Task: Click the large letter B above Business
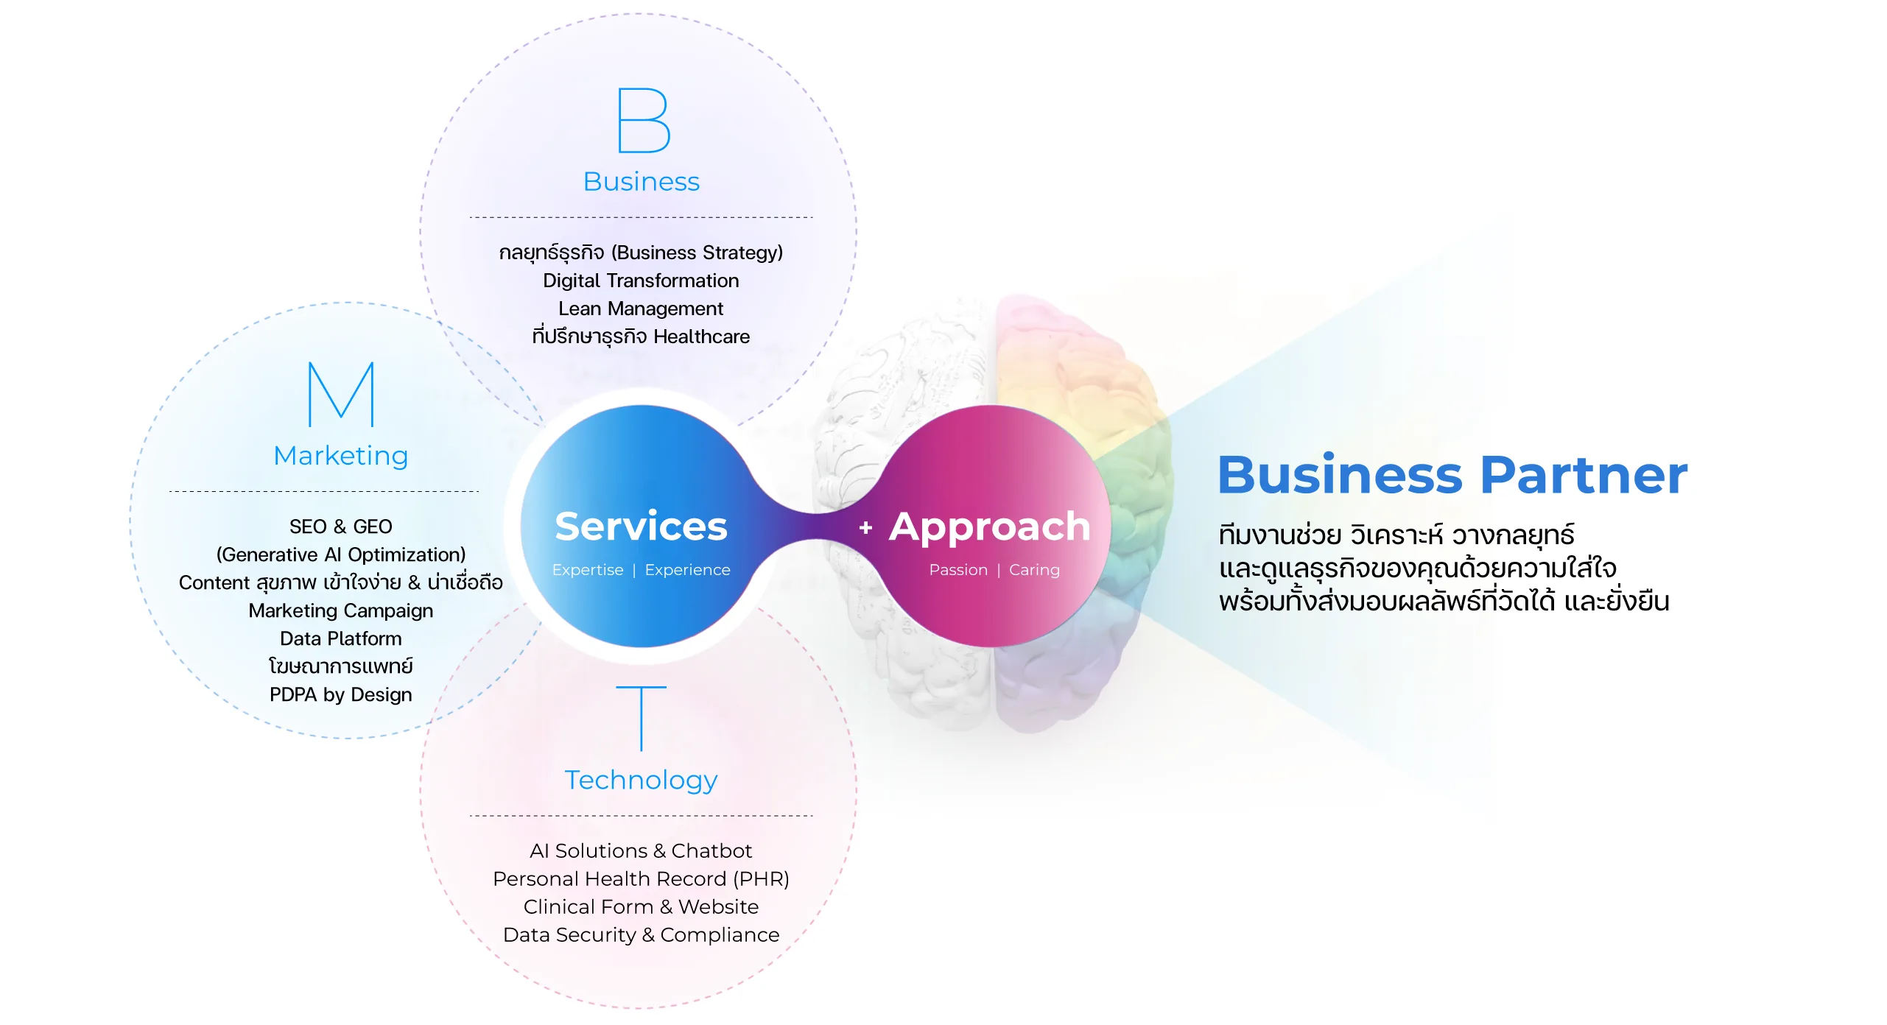(643, 121)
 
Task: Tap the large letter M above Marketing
(341, 394)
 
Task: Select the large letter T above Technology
(641, 718)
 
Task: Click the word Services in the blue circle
(641, 526)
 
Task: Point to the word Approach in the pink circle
(989, 526)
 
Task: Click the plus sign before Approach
(865, 528)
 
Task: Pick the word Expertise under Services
(588, 570)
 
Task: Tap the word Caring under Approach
(1034, 570)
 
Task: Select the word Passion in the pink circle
(958, 570)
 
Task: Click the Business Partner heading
(1452, 475)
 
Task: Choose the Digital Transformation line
(641, 281)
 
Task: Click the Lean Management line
(641, 309)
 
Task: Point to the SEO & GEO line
(341, 526)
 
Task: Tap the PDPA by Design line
(341, 694)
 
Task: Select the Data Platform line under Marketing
(341, 638)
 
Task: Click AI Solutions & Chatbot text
(641, 850)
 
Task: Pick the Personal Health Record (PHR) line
(641, 878)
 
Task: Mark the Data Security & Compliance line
(641, 934)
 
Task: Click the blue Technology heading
(641, 780)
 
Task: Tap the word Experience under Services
(687, 570)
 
